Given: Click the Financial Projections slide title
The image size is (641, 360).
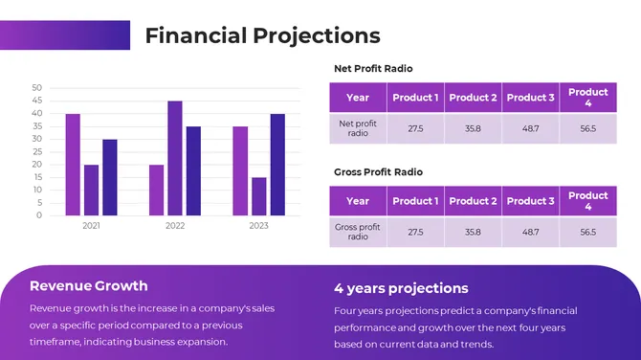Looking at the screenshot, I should click(262, 36).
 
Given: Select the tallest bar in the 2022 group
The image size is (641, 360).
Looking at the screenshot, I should click(174, 158).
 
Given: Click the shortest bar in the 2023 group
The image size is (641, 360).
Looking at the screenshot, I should click(258, 195).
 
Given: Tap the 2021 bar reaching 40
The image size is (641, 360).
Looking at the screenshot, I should click(73, 164).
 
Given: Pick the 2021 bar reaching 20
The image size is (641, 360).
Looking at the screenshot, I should click(91, 190).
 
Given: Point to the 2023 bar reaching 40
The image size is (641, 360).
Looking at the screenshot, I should click(277, 164).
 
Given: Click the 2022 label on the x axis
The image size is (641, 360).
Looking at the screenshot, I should click(175, 226).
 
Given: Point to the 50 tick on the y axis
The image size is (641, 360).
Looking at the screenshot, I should click(36, 88).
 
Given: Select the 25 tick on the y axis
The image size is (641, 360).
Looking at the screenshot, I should click(36, 151).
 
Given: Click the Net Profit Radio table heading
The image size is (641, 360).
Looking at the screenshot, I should click(373, 69).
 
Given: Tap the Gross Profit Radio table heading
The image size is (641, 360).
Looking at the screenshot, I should click(378, 172).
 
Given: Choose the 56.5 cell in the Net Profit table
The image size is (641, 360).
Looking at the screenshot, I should click(587, 128).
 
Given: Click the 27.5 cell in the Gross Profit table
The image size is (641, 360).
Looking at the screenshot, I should click(415, 232).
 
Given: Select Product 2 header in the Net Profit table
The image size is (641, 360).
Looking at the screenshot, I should click(473, 98).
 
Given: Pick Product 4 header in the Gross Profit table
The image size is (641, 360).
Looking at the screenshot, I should click(587, 201).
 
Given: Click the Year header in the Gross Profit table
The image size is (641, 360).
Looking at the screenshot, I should click(358, 201).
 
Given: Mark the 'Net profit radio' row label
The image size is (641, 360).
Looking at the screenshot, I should click(358, 128).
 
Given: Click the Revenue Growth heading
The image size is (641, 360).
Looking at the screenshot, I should click(89, 285).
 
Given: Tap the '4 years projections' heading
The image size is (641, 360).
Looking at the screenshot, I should click(401, 288).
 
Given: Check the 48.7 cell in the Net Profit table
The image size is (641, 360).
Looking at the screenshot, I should click(530, 128).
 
